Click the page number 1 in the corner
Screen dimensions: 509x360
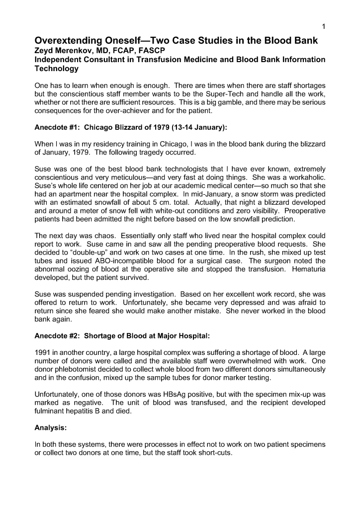323,26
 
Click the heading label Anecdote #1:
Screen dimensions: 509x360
57,127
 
